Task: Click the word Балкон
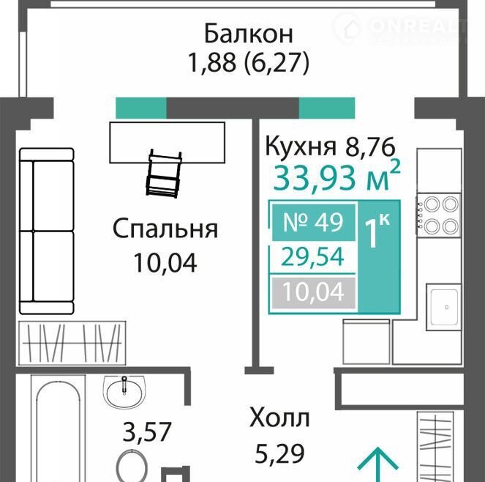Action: click(x=249, y=34)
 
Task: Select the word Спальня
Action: click(x=165, y=229)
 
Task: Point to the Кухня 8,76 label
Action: click(x=330, y=147)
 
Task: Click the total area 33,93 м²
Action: click(x=337, y=177)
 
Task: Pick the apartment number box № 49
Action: click(x=314, y=222)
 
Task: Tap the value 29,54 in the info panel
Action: click(x=312, y=256)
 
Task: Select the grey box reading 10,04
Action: click(x=314, y=293)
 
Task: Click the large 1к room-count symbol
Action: click(x=377, y=231)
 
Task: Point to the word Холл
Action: click(x=279, y=418)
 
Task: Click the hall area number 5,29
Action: click(x=279, y=453)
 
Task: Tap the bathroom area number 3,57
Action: click(x=146, y=431)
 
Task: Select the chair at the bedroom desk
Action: click(x=164, y=174)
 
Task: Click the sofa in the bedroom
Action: click(x=47, y=231)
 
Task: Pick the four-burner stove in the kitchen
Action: click(x=438, y=214)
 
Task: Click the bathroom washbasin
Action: click(x=124, y=392)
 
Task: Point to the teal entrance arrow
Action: click(x=377, y=464)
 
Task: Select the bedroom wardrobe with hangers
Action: click(x=72, y=344)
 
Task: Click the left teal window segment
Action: click(x=141, y=108)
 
